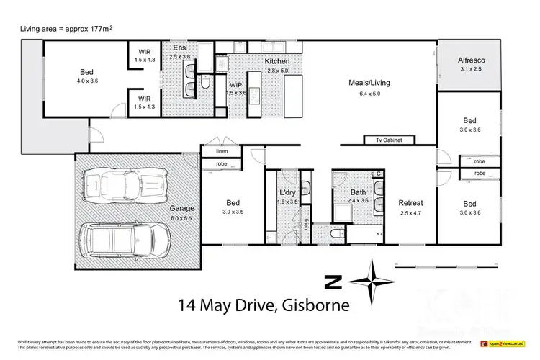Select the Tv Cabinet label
point(382,140)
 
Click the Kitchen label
point(257,63)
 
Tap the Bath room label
point(359,193)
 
